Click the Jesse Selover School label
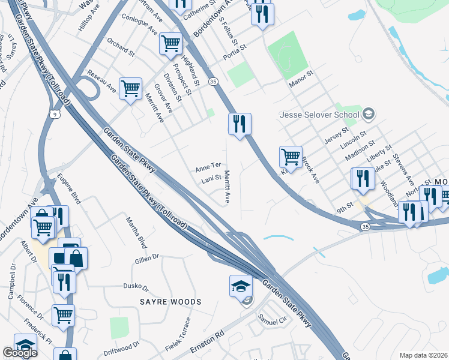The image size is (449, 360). [321, 115]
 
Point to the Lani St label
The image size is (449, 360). [209, 179]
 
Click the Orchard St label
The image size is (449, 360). [121, 48]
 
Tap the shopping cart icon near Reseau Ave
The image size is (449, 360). [130, 89]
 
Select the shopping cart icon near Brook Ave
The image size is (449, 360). [291, 157]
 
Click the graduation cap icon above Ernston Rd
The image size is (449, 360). [241, 286]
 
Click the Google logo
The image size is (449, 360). [20, 352]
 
